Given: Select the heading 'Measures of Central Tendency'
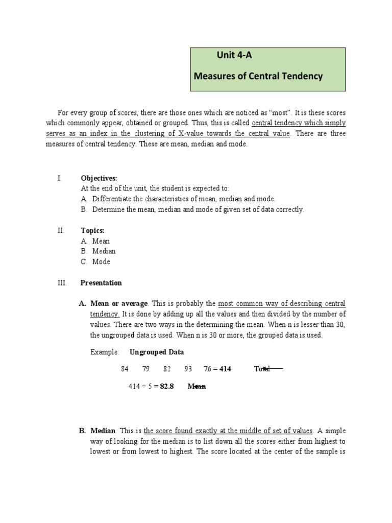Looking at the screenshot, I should [x=258, y=77].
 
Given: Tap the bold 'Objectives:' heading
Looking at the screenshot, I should [x=99, y=178].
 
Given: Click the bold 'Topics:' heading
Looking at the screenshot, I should [x=92, y=230].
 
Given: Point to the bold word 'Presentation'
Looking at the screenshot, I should [x=101, y=282].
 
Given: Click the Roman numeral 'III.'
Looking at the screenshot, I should [x=62, y=282].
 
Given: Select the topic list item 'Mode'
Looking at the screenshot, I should [x=101, y=261].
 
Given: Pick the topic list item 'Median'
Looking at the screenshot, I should [x=104, y=251].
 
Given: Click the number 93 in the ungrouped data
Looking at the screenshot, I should [x=188, y=369].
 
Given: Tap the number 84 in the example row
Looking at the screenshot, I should [x=125, y=369].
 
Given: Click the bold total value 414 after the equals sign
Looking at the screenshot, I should [x=225, y=369].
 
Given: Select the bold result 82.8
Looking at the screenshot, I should [x=167, y=387].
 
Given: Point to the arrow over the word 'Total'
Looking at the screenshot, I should [x=272, y=368].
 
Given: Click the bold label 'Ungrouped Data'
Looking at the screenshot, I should [x=157, y=352].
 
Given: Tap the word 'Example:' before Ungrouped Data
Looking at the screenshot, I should [x=105, y=352].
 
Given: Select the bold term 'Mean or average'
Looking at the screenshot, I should [x=119, y=303].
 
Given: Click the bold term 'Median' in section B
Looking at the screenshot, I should [x=103, y=431].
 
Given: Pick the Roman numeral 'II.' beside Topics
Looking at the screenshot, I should [x=61, y=230].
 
